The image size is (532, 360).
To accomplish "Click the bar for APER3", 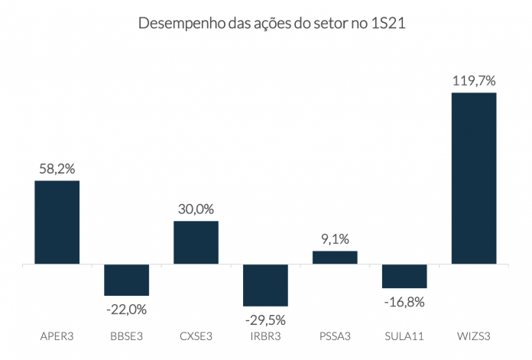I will pyautogui.click(x=57, y=222).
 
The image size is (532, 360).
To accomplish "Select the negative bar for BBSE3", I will pyautogui.click(x=127, y=280).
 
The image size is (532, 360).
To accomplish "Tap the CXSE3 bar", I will pyautogui.click(x=196, y=242).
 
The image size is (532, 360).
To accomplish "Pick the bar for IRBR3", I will pyautogui.click(x=265, y=285).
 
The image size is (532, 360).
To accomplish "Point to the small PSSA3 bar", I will pyautogui.click(x=335, y=258).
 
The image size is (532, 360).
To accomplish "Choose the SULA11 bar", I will pyautogui.click(x=404, y=276).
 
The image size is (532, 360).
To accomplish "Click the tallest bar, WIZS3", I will pyautogui.click(x=474, y=178).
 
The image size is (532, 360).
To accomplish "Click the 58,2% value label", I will pyautogui.click(x=57, y=168).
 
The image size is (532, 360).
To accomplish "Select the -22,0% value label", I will pyautogui.click(x=127, y=310).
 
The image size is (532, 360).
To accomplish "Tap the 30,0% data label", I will pyautogui.click(x=196, y=209).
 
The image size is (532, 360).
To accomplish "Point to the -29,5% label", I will pyautogui.click(x=265, y=319).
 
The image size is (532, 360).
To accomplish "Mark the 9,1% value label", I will pyautogui.click(x=335, y=238).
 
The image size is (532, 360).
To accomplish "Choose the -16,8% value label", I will pyautogui.click(x=404, y=302).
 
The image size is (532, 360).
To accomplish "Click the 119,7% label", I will pyautogui.click(x=474, y=79).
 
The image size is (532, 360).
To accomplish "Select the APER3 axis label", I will pyautogui.click(x=57, y=336).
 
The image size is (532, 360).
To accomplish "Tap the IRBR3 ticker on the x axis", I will pyautogui.click(x=265, y=336).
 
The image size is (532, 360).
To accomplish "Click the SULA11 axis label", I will pyautogui.click(x=404, y=336).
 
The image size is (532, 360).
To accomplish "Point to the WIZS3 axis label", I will pyautogui.click(x=474, y=336).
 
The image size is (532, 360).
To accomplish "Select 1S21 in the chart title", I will pyautogui.click(x=387, y=24).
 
